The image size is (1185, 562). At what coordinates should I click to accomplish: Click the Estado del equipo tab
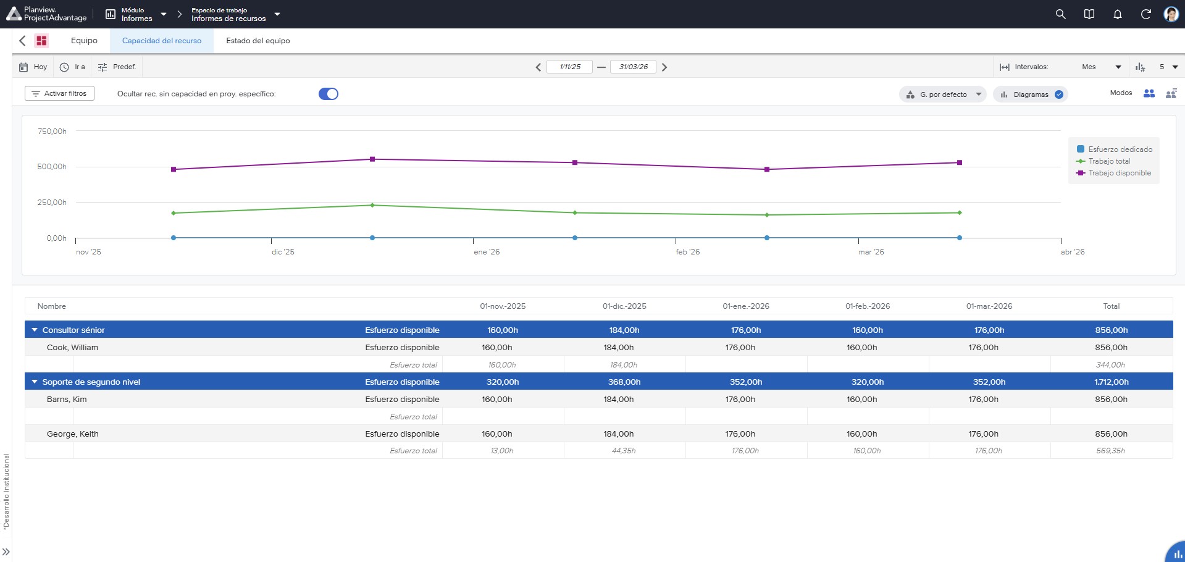click(258, 41)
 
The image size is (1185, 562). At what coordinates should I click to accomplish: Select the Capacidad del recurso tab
click(162, 41)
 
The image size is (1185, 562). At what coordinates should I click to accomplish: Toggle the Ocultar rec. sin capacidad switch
click(329, 94)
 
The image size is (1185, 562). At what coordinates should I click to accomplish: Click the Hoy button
click(33, 67)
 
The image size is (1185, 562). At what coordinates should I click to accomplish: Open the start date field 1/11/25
click(569, 67)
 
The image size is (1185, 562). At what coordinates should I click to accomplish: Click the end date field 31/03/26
click(634, 67)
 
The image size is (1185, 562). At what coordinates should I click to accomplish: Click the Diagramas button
click(1031, 94)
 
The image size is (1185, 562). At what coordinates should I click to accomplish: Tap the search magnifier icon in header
click(1061, 14)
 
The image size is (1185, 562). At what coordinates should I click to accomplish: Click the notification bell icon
click(1118, 14)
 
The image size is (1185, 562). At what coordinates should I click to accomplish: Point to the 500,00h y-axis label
click(52, 167)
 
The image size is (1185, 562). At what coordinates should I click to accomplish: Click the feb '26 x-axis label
click(688, 252)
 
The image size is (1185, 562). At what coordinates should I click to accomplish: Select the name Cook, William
click(72, 348)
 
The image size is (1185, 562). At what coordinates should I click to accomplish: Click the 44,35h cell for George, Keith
click(624, 451)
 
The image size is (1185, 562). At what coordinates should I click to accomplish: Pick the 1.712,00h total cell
click(1112, 382)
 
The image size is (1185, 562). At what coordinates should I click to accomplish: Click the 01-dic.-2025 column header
click(624, 306)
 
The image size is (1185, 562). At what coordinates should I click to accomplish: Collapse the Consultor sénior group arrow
click(35, 330)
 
